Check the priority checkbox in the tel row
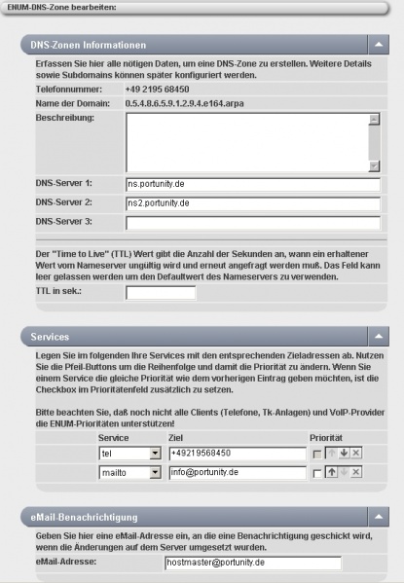[316, 454]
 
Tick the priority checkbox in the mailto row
[316, 473]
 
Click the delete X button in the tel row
[357, 454]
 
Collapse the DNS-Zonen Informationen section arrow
[376, 45]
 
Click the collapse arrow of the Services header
[376, 336]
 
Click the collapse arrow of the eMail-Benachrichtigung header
[376, 515]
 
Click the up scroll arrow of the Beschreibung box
[374, 120]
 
